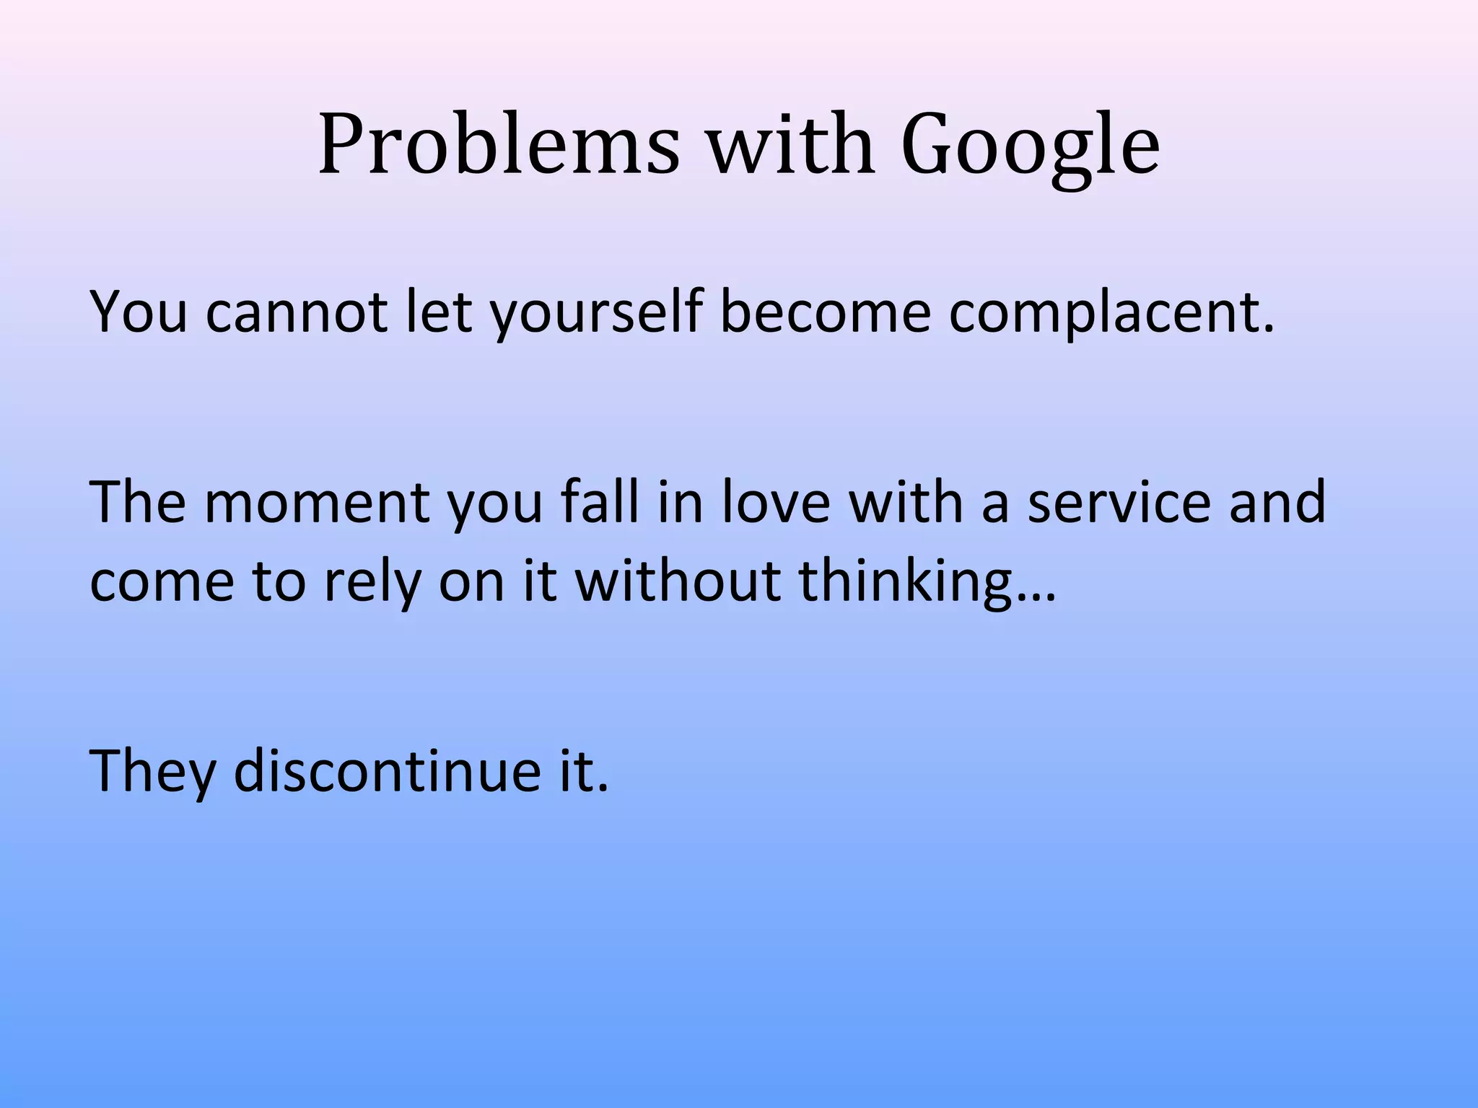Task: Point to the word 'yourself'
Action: click(x=596, y=315)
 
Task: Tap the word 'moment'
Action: click(x=318, y=502)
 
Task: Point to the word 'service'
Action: click(x=1119, y=502)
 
